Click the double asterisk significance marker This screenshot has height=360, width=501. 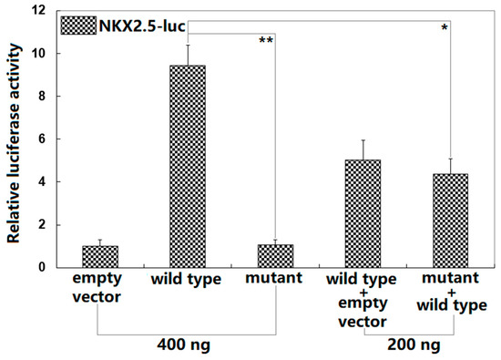click(x=266, y=40)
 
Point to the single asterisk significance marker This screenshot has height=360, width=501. click(x=445, y=28)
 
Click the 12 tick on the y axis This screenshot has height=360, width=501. click(x=39, y=11)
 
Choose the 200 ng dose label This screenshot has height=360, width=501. click(x=410, y=346)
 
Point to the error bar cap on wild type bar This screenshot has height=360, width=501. click(x=188, y=45)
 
